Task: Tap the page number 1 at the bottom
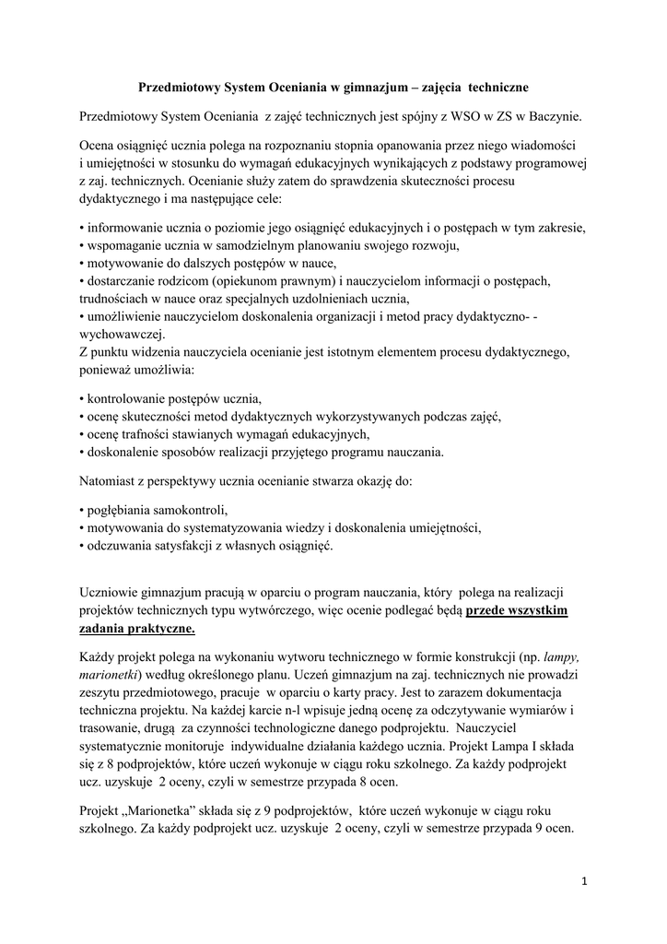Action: [584, 881]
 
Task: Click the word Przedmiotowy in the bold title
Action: [176, 88]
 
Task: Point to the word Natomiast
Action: [110, 481]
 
